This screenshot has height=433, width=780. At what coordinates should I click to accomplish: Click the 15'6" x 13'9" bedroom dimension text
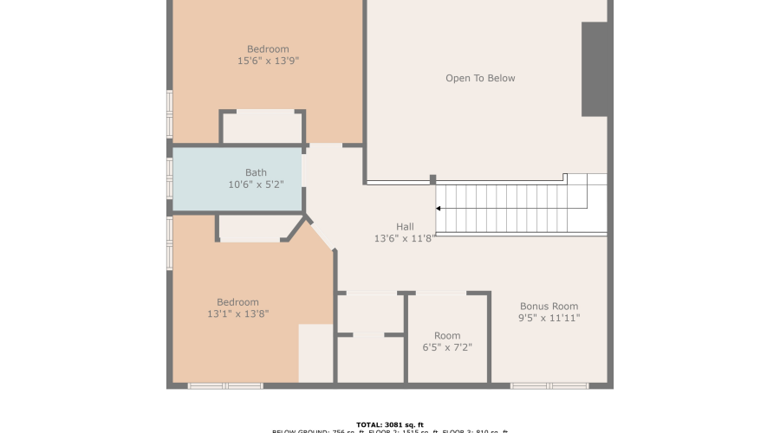pyautogui.click(x=268, y=61)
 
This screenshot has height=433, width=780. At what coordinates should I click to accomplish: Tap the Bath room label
pyautogui.click(x=256, y=172)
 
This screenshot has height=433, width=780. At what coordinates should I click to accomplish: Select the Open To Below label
pyautogui.click(x=480, y=78)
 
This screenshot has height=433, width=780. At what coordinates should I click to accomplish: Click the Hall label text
pyautogui.click(x=405, y=226)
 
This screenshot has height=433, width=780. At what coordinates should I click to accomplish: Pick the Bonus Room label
pyautogui.click(x=549, y=307)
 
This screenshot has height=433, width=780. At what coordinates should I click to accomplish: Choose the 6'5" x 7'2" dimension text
pyautogui.click(x=447, y=348)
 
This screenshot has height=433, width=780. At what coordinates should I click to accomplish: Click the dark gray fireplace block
pyautogui.click(x=595, y=69)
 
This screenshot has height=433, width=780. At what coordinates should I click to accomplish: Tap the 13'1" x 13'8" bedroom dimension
pyautogui.click(x=237, y=314)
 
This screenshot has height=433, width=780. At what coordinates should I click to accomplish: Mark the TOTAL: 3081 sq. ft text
pyautogui.click(x=389, y=424)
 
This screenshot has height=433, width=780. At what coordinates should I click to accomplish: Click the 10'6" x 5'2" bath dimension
pyautogui.click(x=256, y=184)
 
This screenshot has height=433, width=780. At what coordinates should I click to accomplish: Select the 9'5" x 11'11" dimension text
pyautogui.click(x=549, y=319)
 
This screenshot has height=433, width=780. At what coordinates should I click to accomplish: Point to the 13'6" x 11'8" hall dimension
pyautogui.click(x=405, y=238)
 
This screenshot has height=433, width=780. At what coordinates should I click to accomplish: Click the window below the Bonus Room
pyautogui.click(x=549, y=385)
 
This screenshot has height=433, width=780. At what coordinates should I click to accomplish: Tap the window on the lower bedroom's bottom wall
pyautogui.click(x=213, y=385)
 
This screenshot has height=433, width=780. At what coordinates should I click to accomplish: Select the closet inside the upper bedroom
pyautogui.click(x=263, y=127)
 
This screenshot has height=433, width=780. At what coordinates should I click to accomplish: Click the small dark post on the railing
pyautogui.click(x=432, y=180)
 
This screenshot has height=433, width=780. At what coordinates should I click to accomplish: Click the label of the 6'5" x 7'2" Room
pyautogui.click(x=447, y=336)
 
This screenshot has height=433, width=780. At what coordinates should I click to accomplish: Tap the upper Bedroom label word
pyautogui.click(x=268, y=49)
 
